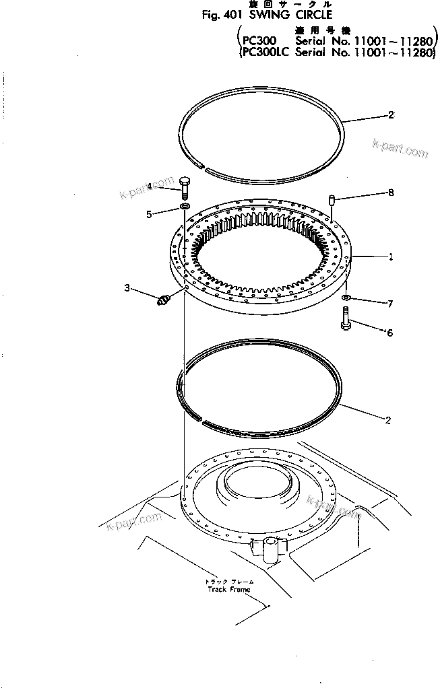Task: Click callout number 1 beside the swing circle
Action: click(x=390, y=256)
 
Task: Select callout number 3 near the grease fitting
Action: click(x=127, y=289)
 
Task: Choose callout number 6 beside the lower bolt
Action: click(x=389, y=332)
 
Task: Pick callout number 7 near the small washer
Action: click(x=389, y=304)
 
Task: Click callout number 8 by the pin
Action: click(x=390, y=193)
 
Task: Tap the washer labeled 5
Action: click(x=184, y=204)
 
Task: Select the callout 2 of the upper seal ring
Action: click(x=390, y=115)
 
